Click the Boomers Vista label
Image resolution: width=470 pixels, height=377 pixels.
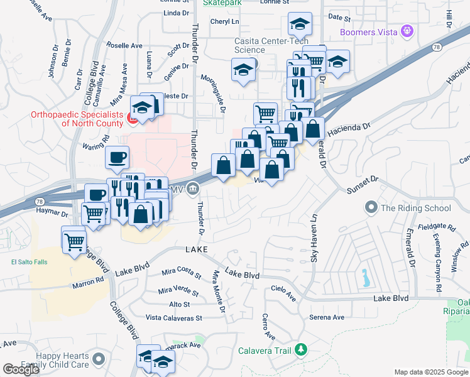click(x=369, y=31)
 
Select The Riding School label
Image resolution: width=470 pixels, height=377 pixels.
click(x=416, y=208)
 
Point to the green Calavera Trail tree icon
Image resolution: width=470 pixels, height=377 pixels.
click(x=302, y=349)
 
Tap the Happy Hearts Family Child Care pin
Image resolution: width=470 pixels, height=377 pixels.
click(x=97, y=359)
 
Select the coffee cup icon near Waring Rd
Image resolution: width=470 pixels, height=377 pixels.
click(x=116, y=158)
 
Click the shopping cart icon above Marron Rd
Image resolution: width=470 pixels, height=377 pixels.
click(x=75, y=240)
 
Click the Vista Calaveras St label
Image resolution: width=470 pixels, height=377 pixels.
click(x=174, y=319)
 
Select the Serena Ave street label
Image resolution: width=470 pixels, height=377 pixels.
click(x=327, y=317)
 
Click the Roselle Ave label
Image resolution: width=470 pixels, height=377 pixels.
click(x=124, y=46)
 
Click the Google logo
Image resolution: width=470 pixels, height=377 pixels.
click(x=21, y=369)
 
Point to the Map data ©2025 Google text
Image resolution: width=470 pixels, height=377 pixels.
click(x=431, y=372)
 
